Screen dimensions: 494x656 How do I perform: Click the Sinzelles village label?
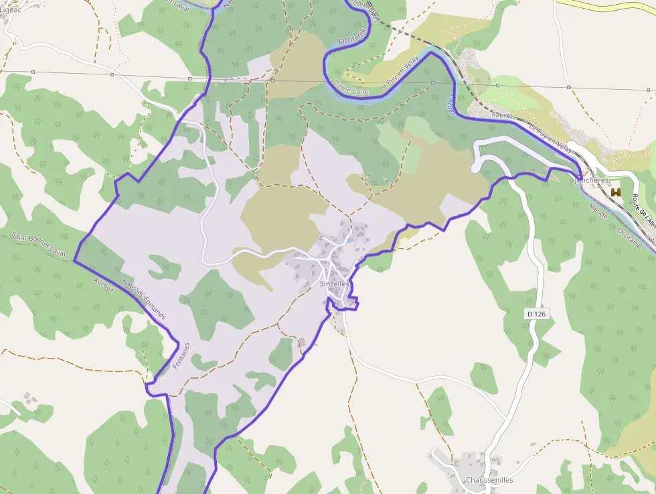coord(335,284)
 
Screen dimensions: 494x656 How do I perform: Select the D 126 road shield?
coord(537,314)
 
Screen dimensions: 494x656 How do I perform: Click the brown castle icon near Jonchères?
coord(616,192)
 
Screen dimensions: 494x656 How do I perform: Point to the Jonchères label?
coord(592,180)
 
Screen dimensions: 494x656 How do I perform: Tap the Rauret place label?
coord(501,115)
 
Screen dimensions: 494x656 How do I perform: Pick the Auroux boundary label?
coord(104,286)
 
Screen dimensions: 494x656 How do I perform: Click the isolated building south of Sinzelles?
coord(301,343)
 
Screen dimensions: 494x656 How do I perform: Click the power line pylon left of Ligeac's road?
coord(33,72)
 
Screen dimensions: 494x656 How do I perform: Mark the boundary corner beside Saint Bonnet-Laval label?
coord(74,260)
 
